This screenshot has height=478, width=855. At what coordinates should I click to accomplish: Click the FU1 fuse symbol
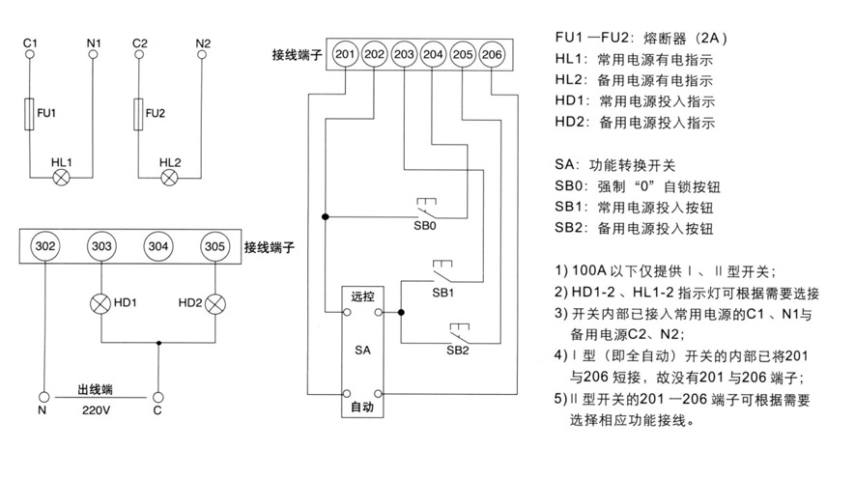[x=30, y=114]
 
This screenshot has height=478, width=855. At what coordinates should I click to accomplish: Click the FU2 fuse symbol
[x=140, y=114]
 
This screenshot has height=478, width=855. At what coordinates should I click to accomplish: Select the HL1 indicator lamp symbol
[x=64, y=177]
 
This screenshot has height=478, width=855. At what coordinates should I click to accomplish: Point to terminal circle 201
[x=345, y=54]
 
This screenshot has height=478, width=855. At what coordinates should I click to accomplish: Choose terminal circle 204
[x=434, y=54]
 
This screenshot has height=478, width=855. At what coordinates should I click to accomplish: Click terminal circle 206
[x=492, y=54]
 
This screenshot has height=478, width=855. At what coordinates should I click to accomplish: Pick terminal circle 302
[x=44, y=246]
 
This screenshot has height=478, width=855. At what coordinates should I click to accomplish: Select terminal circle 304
[x=158, y=246]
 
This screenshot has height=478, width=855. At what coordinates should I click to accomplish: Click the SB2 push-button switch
[x=459, y=335]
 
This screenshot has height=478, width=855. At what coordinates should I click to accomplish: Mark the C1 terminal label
[x=29, y=43]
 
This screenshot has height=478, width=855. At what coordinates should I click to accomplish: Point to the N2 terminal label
[x=203, y=43]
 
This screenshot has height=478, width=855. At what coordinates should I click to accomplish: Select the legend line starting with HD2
[x=635, y=123]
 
